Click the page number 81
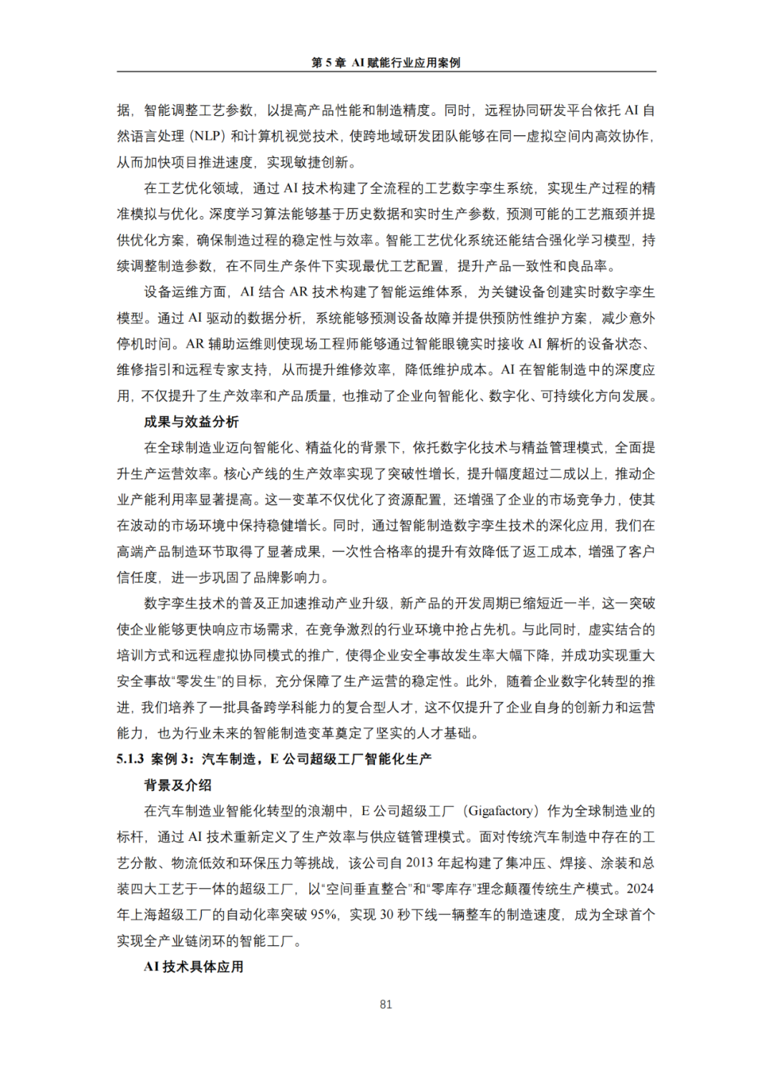click(386, 1004)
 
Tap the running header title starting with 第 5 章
click(386, 63)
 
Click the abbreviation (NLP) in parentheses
click(208, 136)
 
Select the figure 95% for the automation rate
click(324, 915)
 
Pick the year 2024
click(640, 889)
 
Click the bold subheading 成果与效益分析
click(191, 422)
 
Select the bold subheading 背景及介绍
click(178, 785)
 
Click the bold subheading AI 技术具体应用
click(193, 967)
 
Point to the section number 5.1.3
click(130, 759)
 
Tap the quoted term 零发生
click(196, 682)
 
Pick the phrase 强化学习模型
click(593, 240)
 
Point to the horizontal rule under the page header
click(386, 72)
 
